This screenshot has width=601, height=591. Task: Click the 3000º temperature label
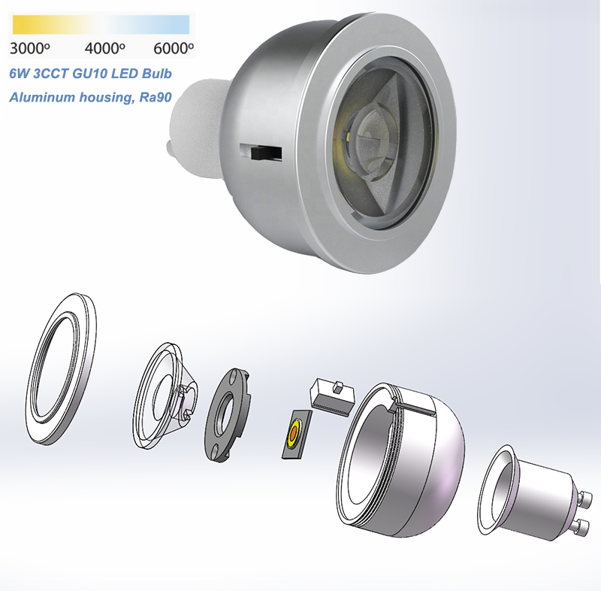click(x=29, y=48)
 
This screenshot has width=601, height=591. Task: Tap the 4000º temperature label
click(x=104, y=48)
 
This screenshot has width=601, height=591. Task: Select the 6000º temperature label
click(x=174, y=48)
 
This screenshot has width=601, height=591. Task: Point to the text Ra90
click(x=156, y=97)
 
